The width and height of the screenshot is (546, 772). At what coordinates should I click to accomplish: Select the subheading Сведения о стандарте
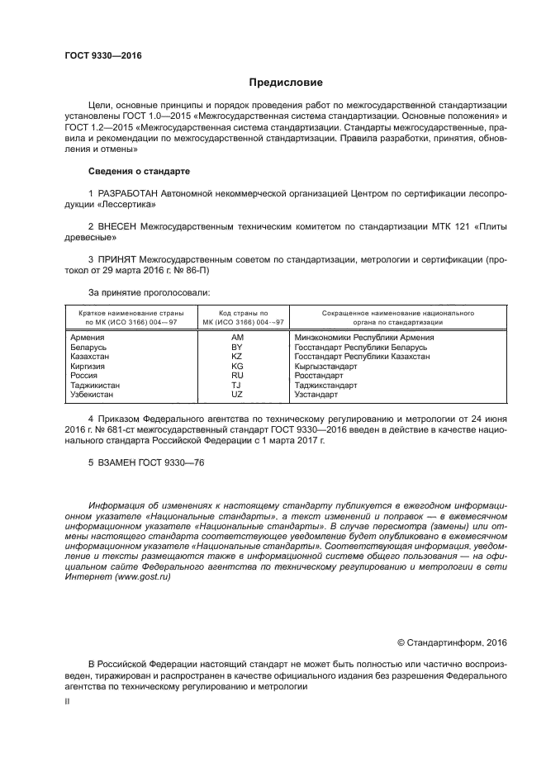pos(139,171)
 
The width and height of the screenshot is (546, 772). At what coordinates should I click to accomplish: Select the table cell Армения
pos(88,338)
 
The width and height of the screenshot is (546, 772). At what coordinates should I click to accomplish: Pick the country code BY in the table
pos(237,348)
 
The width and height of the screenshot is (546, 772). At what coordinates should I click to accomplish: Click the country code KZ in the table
pos(237,357)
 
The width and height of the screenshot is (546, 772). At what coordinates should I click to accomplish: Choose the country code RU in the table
pos(237,375)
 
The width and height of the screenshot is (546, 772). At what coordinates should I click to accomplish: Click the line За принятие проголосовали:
pos(149,292)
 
